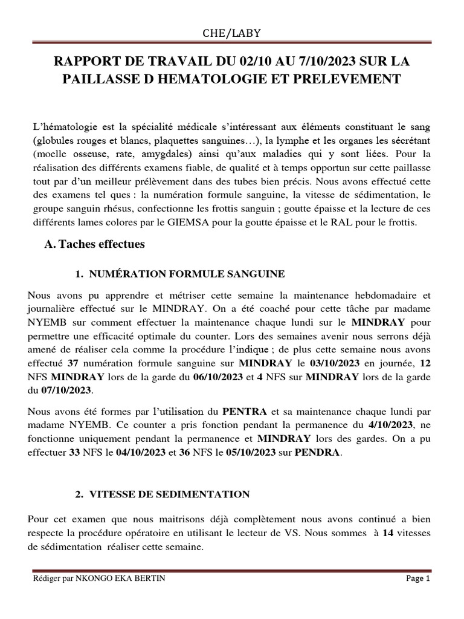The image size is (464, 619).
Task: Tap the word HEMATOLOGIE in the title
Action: point(234,79)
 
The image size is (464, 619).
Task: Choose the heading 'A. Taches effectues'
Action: point(95,245)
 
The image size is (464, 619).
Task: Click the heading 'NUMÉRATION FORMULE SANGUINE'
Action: point(187,274)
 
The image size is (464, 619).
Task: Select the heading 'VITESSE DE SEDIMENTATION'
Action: point(169,494)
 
